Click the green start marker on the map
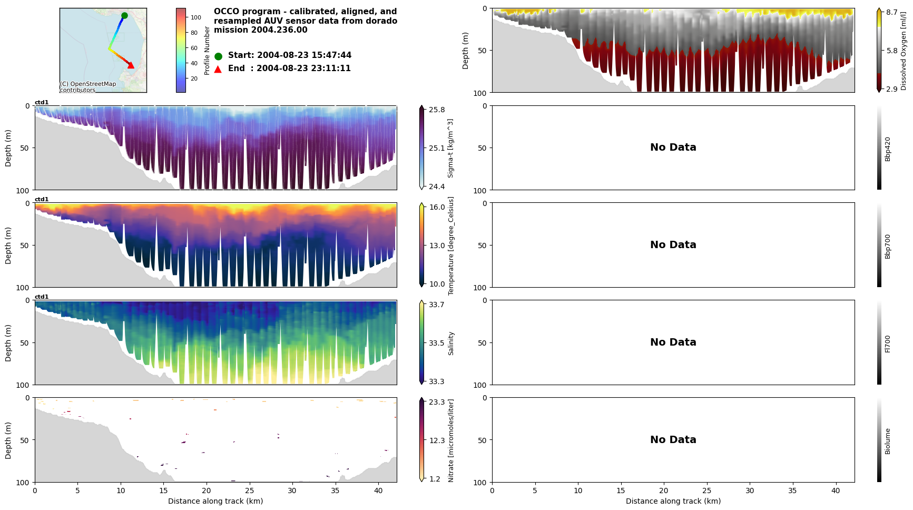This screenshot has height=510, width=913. (124, 16)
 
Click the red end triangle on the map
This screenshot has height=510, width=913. (131, 65)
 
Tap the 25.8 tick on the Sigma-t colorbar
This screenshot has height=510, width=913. (437, 110)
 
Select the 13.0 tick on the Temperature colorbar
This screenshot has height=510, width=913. (437, 246)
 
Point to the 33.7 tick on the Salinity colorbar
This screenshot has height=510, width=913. (437, 305)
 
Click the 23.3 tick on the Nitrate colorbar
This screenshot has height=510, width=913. (437, 402)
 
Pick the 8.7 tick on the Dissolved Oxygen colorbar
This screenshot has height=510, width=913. (892, 12)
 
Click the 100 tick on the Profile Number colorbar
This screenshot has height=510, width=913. (195, 17)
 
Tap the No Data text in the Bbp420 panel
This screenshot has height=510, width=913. (673, 148)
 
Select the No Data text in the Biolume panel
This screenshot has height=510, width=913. (673, 440)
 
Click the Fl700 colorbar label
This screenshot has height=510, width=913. (888, 344)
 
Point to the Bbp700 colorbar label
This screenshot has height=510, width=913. (888, 246)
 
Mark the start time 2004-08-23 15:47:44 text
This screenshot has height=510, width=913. (304, 55)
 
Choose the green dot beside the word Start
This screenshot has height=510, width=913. (218, 56)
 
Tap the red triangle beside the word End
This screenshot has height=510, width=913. (218, 69)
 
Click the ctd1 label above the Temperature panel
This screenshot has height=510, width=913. (42, 200)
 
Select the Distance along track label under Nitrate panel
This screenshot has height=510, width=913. (215, 501)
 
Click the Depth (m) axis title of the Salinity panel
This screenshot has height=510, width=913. (8, 342)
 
